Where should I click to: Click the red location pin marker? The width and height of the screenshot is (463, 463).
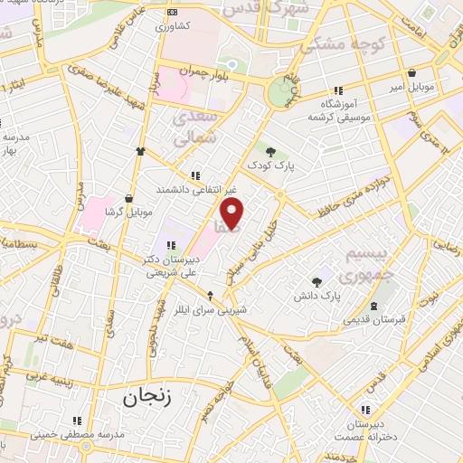[233, 213]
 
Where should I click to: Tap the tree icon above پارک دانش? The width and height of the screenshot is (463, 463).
[317, 281]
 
